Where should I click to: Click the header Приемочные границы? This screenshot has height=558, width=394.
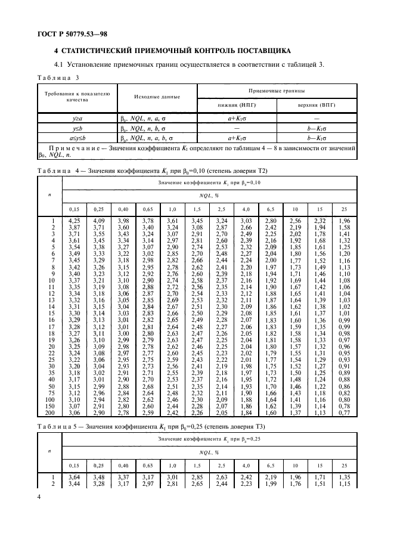[x=277, y=91]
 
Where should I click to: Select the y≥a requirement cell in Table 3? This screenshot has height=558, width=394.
[x=77, y=119]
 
